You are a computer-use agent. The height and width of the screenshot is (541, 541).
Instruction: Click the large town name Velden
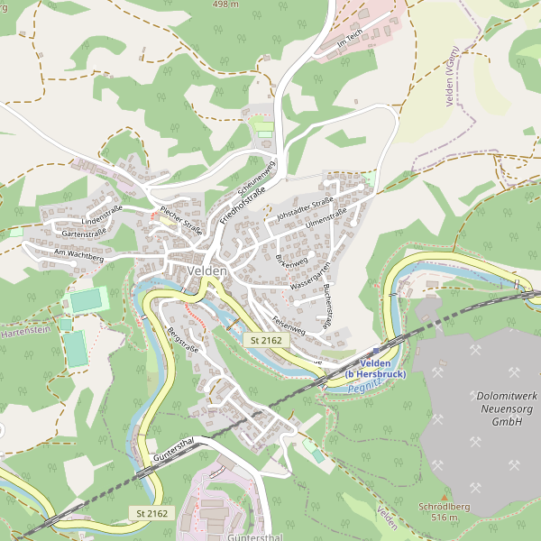pos(208,270)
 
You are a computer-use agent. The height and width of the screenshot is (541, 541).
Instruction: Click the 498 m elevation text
pos(225,5)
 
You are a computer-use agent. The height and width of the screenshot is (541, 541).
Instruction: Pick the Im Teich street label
pos(349,39)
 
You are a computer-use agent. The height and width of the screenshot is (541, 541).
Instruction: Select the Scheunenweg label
pos(255,177)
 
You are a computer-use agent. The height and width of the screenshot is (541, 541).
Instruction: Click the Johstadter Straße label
pos(306,206)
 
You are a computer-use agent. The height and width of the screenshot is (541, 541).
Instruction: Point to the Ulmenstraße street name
pos(326,218)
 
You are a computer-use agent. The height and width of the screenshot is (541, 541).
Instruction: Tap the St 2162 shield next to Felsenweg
pos(266,340)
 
